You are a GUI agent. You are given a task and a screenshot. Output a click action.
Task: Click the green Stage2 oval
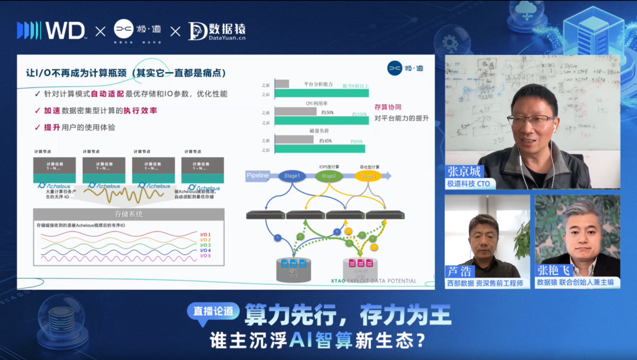point(329,175)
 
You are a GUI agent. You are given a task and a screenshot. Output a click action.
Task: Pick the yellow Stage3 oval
point(367,176)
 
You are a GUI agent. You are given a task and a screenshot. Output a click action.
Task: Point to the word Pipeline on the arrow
point(258,175)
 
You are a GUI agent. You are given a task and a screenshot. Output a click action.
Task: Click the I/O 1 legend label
point(205,234)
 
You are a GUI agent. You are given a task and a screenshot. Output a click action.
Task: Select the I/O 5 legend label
point(205,256)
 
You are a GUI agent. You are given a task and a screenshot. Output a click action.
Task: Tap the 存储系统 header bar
point(129,214)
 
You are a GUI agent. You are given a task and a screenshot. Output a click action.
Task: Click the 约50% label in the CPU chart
point(326,112)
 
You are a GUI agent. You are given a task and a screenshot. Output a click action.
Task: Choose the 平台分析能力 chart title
point(321,84)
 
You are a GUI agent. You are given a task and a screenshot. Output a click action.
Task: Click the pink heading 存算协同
point(388,107)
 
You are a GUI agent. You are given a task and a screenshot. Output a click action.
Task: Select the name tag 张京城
point(464,171)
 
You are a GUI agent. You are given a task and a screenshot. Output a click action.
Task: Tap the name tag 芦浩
point(459,271)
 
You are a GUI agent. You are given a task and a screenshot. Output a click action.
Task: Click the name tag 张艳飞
point(553,270)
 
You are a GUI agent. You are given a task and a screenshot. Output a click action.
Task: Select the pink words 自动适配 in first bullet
point(109,94)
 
